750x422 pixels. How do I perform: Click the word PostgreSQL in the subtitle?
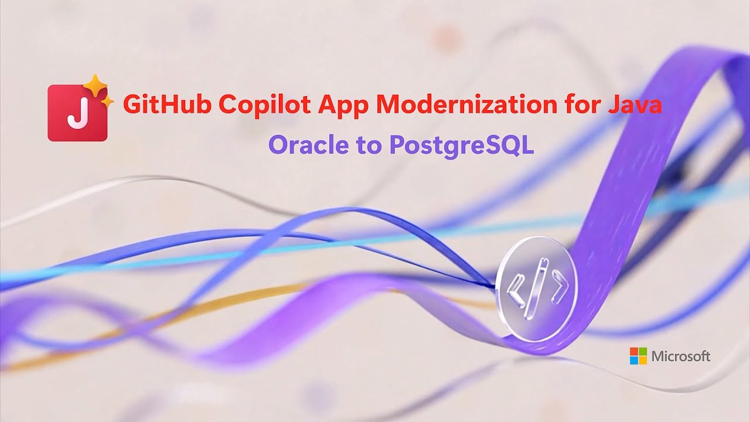click(x=461, y=145)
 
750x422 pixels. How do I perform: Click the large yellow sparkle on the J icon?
click(x=94, y=87)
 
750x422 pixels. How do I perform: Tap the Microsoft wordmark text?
click(x=681, y=356)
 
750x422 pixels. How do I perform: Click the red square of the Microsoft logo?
click(x=634, y=351)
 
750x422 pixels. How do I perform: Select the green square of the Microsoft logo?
click(x=643, y=351)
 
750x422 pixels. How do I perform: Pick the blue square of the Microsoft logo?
click(x=634, y=360)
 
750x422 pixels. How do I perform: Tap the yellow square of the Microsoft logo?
click(x=643, y=360)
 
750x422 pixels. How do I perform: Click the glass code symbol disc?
click(x=536, y=287)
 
